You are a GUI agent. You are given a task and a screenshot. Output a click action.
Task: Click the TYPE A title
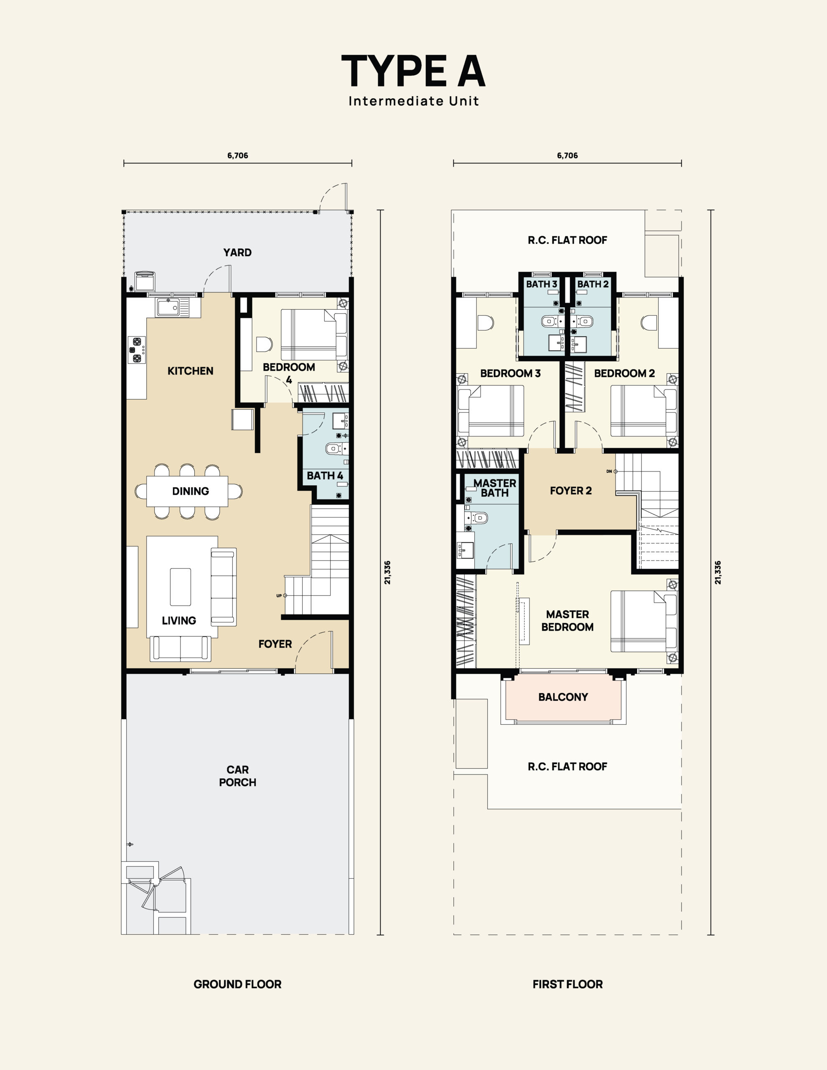pyautogui.click(x=414, y=71)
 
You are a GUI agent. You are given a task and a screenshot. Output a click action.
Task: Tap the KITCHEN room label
pyautogui.click(x=191, y=371)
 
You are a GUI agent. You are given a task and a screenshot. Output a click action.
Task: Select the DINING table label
pyautogui.click(x=191, y=491)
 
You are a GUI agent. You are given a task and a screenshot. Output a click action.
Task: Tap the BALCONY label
pyautogui.click(x=563, y=697)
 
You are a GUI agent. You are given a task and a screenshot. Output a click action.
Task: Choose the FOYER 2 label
pyautogui.click(x=571, y=490)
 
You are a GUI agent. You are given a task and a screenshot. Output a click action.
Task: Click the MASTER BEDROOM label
pyautogui.click(x=567, y=621)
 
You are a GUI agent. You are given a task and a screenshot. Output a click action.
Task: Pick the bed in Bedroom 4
pyautogui.click(x=313, y=335)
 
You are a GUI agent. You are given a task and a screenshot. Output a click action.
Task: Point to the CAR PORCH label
pyautogui.click(x=238, y=776)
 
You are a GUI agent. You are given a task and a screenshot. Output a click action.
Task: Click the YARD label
pyautogui.click(x=238, y=252)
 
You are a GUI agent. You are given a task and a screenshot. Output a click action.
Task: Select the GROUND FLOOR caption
pyautogui.click(x=238, y=984)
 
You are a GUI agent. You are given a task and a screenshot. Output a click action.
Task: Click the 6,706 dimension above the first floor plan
pyautogui.click(x=567, y=155)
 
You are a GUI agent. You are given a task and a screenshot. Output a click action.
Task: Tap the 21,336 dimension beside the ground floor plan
pyautogui.click(x=387, y=572)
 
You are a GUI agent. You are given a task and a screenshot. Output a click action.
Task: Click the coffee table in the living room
pyautogui.click(x=180, y=587)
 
